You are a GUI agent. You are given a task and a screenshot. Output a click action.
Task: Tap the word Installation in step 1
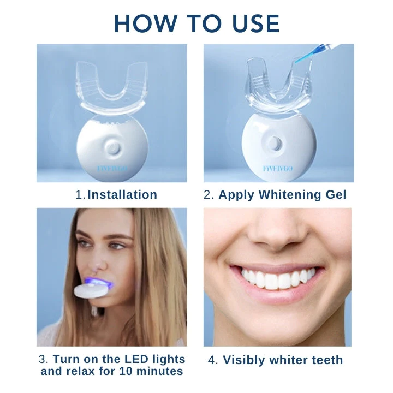pyautogui.click(x=122, y=195)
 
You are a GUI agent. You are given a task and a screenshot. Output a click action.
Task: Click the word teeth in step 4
pyautogui.click(x=324, y=360)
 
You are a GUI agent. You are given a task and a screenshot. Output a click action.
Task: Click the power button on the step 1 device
pyautogui.click(x=112, y=147)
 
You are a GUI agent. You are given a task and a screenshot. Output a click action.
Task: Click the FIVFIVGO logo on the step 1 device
pyautogui.click(x=112, y=169)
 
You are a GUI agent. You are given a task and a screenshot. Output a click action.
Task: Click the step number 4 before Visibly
pyautogui.click(x=213, y=360)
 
